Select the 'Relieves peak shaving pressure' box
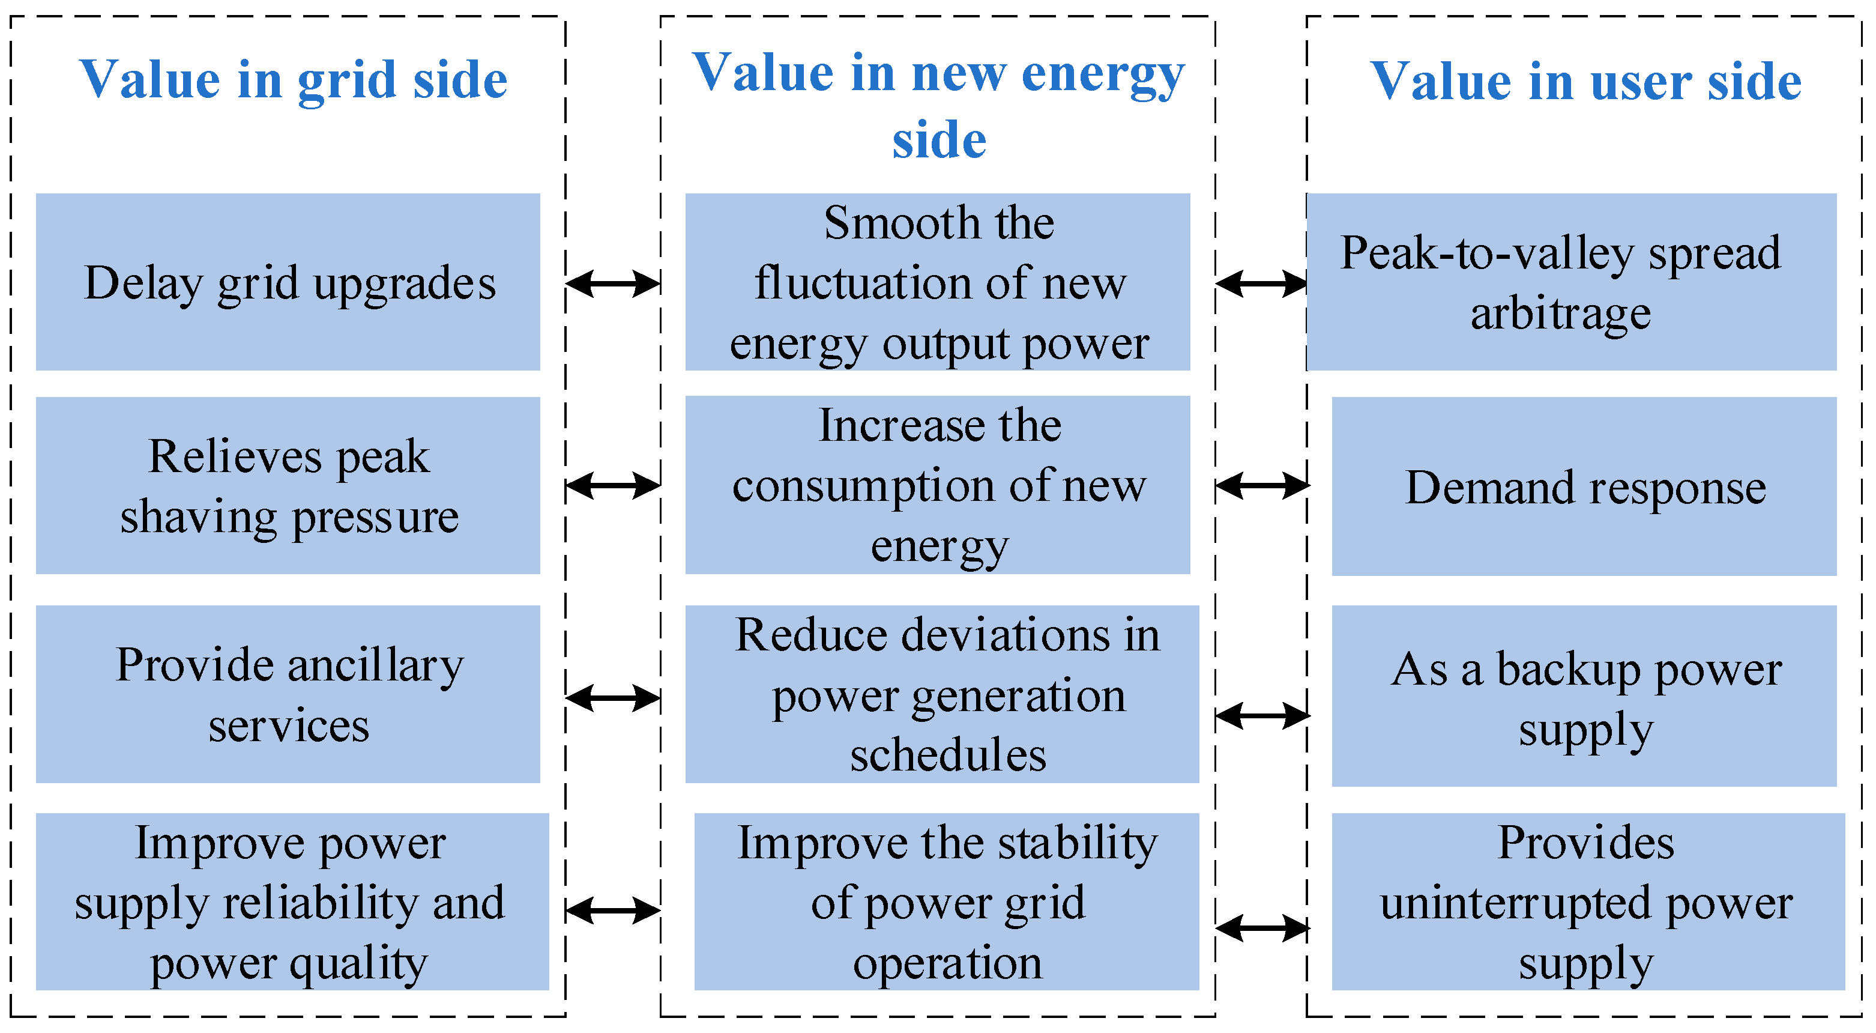coord(288,485)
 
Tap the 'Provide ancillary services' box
coord(288,694)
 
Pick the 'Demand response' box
coord(1584,486)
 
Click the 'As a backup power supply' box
coord(1584,695)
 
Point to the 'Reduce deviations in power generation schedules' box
coord(942,694)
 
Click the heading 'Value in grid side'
coord(293,80)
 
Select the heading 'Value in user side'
coord(1585,82)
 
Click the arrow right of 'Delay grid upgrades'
coord(612,283)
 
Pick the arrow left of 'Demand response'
coord(1262,485)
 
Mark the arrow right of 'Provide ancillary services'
coord(612,698)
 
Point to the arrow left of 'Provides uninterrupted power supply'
coord(1262,928)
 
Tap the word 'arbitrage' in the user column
coord(1560,315)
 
